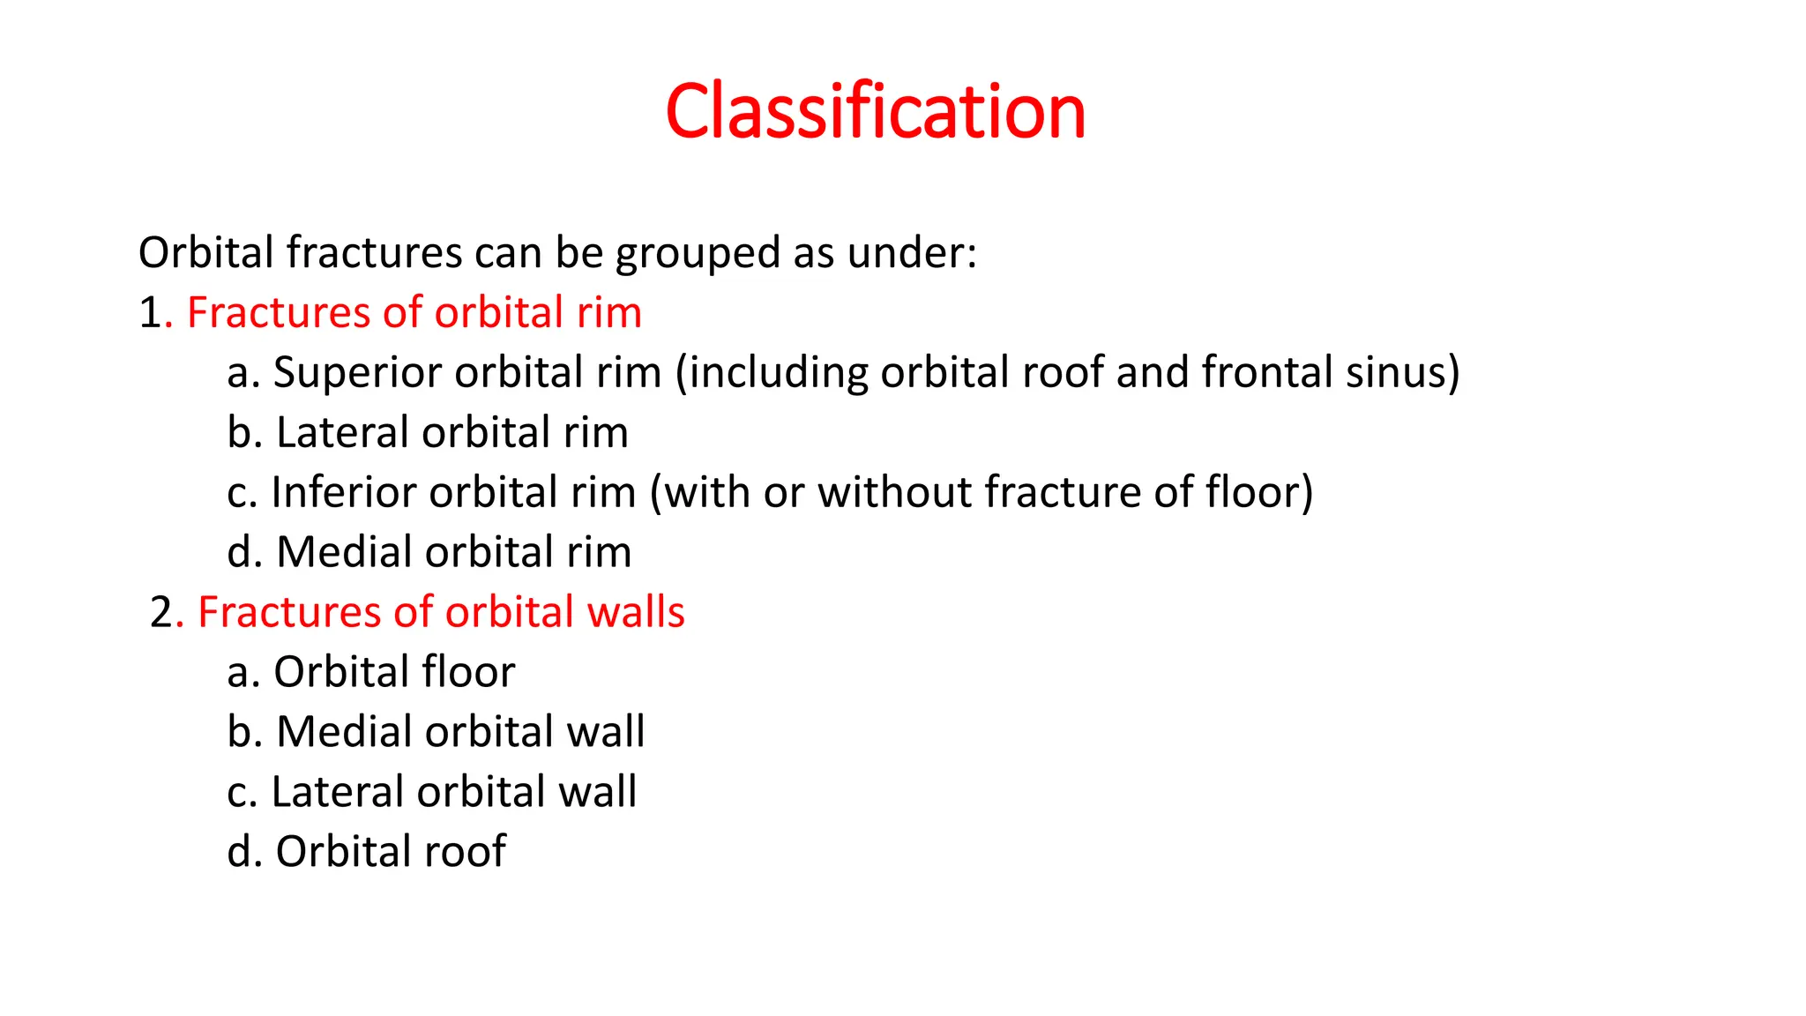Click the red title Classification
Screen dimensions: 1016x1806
point(875,111)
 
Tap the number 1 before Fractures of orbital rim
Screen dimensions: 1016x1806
point(150,313)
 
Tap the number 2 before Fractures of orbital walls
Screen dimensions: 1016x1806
point(162,612)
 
